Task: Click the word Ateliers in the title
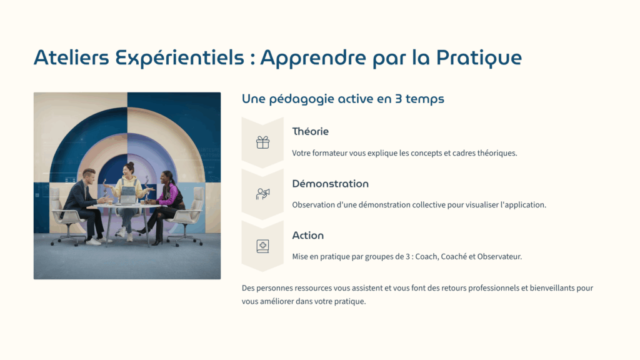coord(71,57)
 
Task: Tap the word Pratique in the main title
coord(479,58)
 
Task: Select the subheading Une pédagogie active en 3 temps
coord(343,99)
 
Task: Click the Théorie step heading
coord(310,131)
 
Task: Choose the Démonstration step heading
coord(330,184)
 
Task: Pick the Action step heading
coord(307,236)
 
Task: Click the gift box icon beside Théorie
coord(263,142)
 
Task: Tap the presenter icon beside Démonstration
coord(263,194)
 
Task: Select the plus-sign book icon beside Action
coord(263,246)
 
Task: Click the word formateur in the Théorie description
coord(329,153)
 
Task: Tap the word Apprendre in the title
coord(313,58)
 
